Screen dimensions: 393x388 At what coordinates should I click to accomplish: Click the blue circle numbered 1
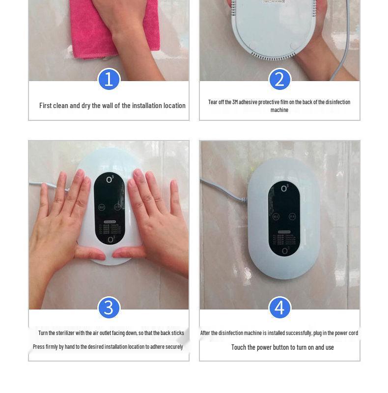pyautogui.click(x=109, y=80)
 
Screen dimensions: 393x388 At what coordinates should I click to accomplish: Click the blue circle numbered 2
pyautogui.click(x=279, y=80)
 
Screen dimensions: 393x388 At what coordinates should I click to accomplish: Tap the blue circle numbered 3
pyautogui.click(x=109, y=308)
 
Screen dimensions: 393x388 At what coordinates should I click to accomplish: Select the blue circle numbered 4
pyautogui.click(x=279, y=308)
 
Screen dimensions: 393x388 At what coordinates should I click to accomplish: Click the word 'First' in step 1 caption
pyautogui.click(x=46, y=106)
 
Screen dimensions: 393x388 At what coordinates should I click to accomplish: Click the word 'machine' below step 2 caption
pyautogui.click(x=279, y=110)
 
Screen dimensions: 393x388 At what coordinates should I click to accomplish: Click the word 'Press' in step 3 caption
pyautogui.click(x=39, y=347)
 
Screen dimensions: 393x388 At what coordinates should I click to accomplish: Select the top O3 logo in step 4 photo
pyautogui.click(x=285, y=189)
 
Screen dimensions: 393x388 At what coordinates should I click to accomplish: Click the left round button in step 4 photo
pyautogui.click(x=276, y=216)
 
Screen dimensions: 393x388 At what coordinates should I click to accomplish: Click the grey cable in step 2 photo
pyautogui.click(x=344, y=44)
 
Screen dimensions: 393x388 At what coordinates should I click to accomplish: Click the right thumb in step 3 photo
pyautogui.click(x=129, y=253)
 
